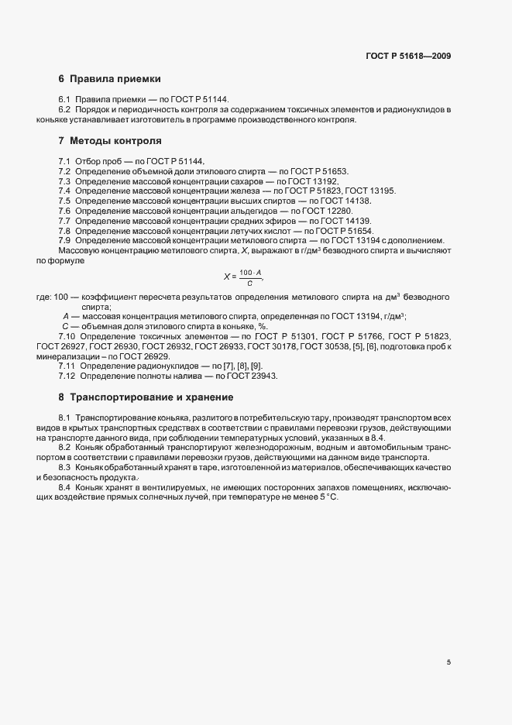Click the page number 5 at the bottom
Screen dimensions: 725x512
(x=448, y=662)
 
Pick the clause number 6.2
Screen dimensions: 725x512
(x=65, y=112)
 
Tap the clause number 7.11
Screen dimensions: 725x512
(x=67, y=365)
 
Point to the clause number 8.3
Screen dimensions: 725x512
(x=65, y=468)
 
